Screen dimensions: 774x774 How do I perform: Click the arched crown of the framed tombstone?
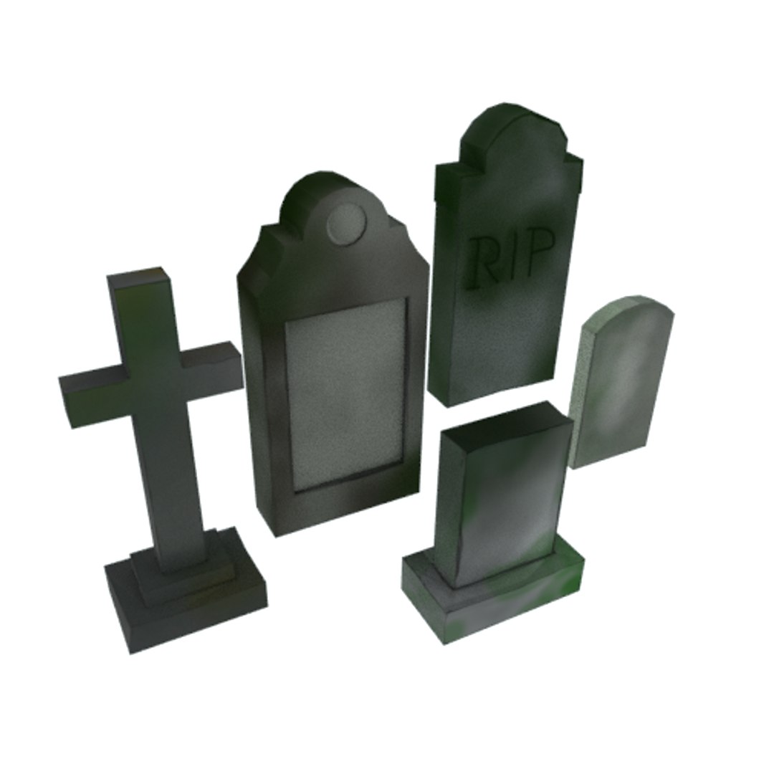[x=330, y=190]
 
